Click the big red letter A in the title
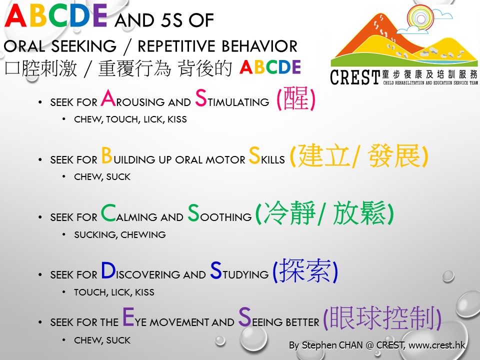15,15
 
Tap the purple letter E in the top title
100,15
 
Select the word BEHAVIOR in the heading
259,46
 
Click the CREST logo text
354,77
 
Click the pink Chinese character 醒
295,98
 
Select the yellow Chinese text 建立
324,155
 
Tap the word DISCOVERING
153,270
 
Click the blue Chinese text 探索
305,270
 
